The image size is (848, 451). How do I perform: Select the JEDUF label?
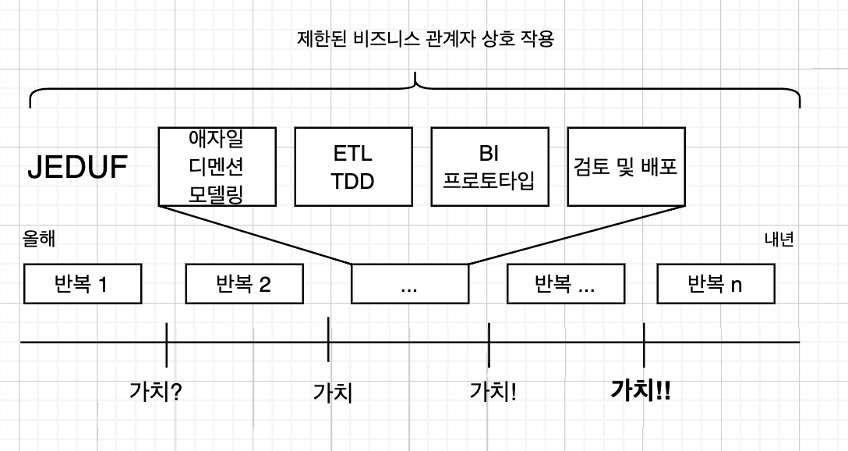[x=78, y=167]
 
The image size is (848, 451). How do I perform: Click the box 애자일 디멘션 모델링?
[x=216, y=166]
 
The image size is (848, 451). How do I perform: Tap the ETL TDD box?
[x=352, y=166]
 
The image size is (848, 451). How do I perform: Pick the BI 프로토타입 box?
[x=489, y=166]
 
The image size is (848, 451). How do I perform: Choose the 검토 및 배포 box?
[x=626, y=166]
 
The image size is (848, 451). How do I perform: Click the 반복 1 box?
[x=83, y=284]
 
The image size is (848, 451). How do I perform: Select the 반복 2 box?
[x=243, y=284]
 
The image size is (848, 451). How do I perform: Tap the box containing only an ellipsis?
[x=409, y=284]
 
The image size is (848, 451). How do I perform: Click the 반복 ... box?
[x=565, y=284]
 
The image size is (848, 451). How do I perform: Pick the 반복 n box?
[x=715, y=284]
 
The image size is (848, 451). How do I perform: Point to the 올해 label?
[x=38, y=240]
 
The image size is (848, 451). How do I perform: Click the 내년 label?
[x=779, y=240]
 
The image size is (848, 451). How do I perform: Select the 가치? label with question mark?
[x=156, y=390]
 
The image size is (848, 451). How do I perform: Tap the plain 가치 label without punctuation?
[x=333, y=392]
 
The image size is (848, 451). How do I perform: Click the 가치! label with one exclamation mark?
[x=493, y=390]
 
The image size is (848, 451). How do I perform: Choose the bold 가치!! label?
[x=641, y=389]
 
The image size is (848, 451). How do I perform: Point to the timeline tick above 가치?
[x=167, y=343]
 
